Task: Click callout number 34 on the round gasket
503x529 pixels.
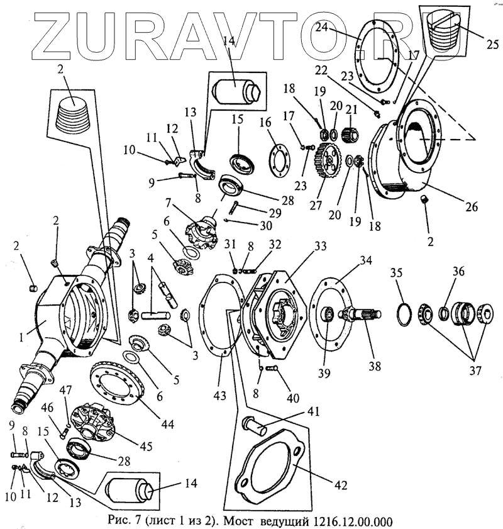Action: point(365,261)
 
